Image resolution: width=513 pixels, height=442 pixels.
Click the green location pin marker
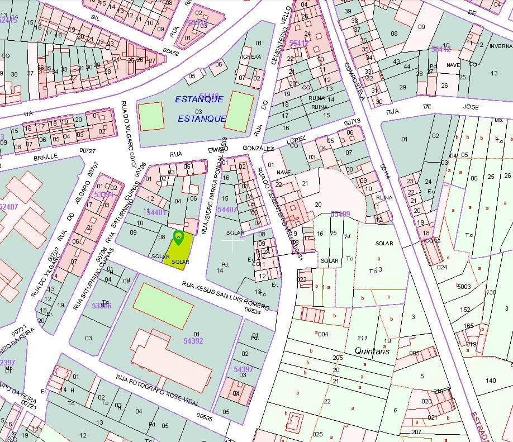pyautogui.click(x=178, y=237)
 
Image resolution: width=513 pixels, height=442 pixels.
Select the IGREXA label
pyautogui.click(x=250, y=56)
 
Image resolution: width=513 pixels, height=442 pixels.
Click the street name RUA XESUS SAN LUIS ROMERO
pyautogui.click(x=226, y=296)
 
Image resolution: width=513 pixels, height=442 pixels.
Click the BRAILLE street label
pyautogui.click(x=45, y=158)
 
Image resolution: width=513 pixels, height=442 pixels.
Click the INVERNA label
pyautogui.click(x=501, y=46)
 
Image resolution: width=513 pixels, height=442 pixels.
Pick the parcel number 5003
pyautogui.click(x=464, y=287)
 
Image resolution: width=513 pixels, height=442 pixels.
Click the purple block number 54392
pyautogui.click(x=193, y=340)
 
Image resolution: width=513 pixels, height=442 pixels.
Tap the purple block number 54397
pyautogui.click(x=243, y=369)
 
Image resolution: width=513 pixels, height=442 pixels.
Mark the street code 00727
pyautogui.click(x=88, y=151)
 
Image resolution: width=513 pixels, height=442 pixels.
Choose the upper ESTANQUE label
pyautogui.click(x=199, y=99)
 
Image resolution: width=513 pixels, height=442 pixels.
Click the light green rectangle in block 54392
pyautogui.click(x=163, y=306)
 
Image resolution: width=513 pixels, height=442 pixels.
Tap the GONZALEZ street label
pyautogui.click(x=258, y=149)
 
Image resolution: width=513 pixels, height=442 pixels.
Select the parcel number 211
pyautogui.click(x=362, y=338)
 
